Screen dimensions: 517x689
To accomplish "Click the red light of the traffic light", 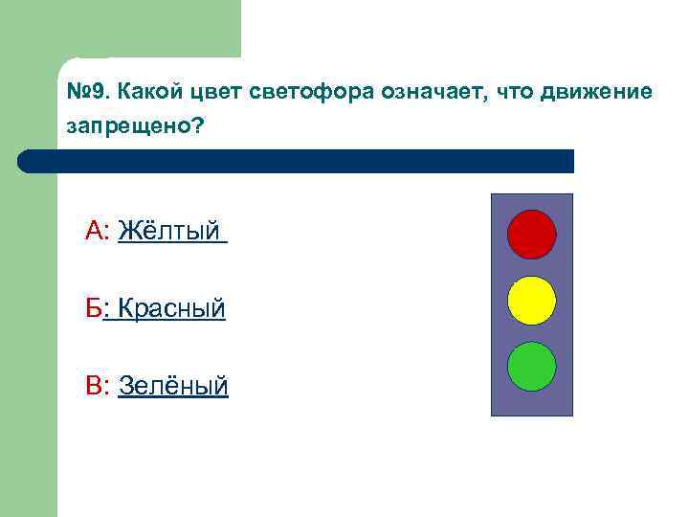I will [531, 235].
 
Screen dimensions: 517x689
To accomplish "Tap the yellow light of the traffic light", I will [531, 301].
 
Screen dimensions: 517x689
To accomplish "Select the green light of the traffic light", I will [531, 367].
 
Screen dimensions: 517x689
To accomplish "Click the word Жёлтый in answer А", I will [169, 232].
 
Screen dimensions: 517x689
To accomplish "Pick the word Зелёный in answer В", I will [173, 386].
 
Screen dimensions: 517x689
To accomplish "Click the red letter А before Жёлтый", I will [96, 232].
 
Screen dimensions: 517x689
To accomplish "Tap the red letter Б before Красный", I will [94, 308].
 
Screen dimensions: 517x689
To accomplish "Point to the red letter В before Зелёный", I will [95, 386].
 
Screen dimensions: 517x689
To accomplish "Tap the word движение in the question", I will [595, 93].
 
